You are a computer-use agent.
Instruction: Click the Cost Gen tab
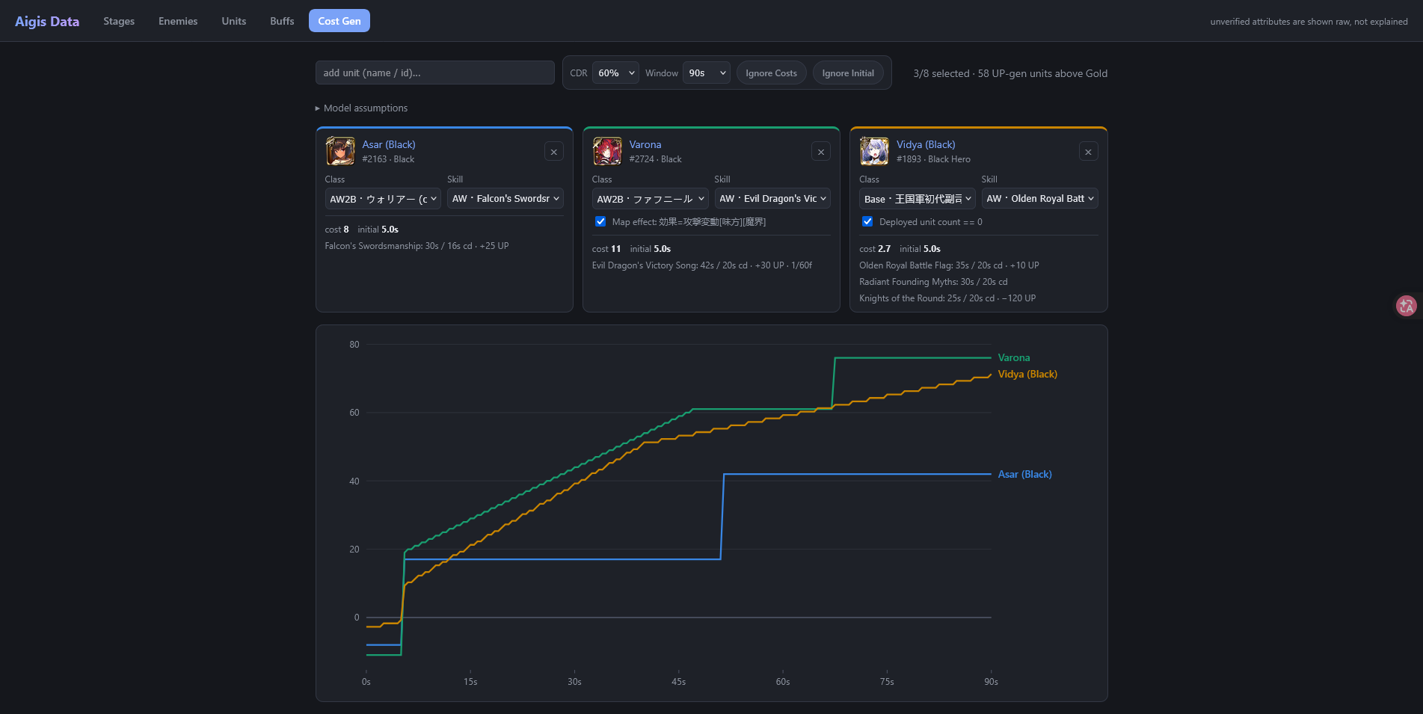point(339,21)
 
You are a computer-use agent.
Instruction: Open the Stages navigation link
point(119,21)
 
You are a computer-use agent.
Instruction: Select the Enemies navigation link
point(178,21)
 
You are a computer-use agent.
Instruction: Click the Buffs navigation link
point(282,21)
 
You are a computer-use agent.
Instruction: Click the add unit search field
point(434,73)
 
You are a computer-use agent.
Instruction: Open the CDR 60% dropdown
point(615,73)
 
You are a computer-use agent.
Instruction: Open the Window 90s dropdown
point(707,73)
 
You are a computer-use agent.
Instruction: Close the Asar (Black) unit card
point(554,152)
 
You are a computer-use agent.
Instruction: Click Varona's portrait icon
point(607,151)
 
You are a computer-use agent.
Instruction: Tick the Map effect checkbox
point(600,221)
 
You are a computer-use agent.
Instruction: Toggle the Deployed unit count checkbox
point(867,221)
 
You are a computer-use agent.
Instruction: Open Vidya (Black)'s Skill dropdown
point(1040,198)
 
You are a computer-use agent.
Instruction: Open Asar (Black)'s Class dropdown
point(383,198)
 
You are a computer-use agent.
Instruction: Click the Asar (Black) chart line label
point(1025,474)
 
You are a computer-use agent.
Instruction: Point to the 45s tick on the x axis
point(678,681)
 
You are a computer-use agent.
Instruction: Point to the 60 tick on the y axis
point(354,413)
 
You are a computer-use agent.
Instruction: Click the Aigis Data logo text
point(47,21)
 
